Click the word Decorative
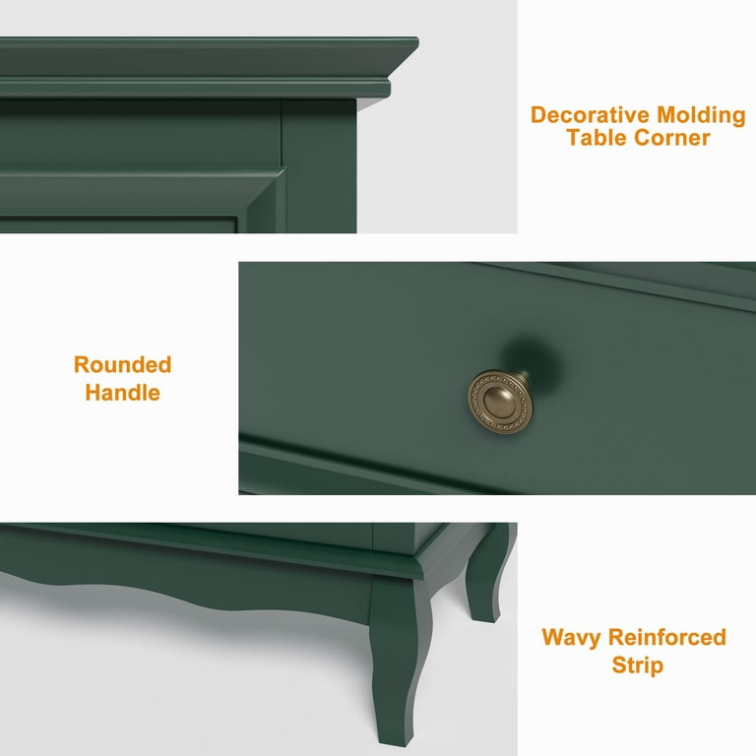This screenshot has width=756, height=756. point(591,115)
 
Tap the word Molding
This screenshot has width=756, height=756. point(701,116)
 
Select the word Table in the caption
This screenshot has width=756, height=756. point(597,138)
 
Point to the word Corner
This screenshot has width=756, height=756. point(671,138)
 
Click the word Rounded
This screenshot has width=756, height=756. point(122,364)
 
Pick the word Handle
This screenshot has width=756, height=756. point(122,393)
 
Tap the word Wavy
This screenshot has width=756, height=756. point(571,638)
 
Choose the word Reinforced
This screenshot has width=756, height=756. point(667,637)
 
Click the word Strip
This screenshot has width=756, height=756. point(638,665)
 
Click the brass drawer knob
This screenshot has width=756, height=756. point(501,402)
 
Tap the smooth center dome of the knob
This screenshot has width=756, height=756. point(500,403)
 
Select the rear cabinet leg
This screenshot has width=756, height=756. point(487,574)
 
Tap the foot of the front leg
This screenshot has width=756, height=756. point(392,732)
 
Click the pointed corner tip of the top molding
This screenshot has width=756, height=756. point(417,42)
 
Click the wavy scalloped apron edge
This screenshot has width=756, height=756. point(183,598)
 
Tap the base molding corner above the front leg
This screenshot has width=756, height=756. point(418,564)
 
